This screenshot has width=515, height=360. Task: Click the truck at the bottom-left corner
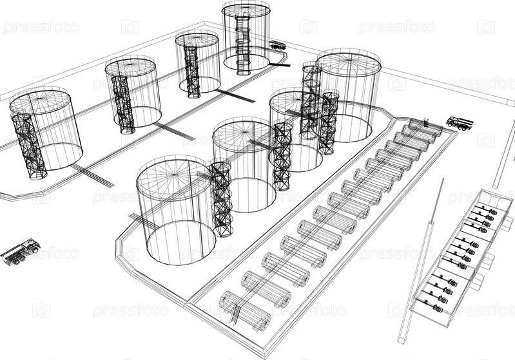click(21, 252)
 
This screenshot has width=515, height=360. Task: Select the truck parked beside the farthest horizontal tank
click(460, 123)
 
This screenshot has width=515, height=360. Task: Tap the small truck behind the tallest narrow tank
click(278, 45)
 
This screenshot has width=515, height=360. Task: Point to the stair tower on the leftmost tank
click(29, 146)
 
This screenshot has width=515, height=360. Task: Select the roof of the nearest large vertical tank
click(174, 177)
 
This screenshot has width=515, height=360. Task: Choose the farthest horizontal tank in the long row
click(425, 127)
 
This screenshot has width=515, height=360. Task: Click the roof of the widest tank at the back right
click(349, 63)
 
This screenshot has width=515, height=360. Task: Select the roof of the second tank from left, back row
click(130, 67)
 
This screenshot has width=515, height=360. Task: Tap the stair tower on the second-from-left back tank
click(123, 104)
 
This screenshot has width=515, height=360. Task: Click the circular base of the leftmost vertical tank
click(59, 156)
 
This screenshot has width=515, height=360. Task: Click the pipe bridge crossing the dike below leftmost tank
click(92, 175)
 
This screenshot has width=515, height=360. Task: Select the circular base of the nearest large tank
click(181, 243)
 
